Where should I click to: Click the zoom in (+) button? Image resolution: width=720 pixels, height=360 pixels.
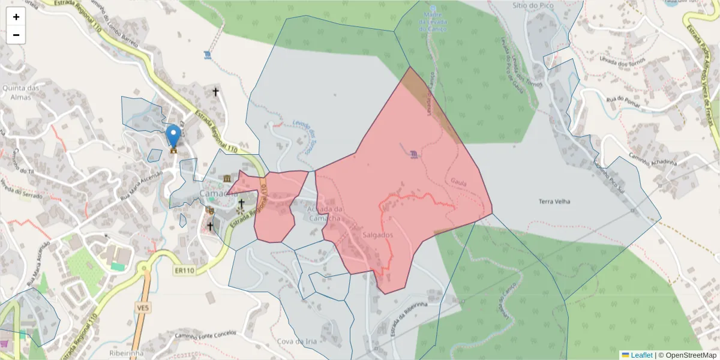point(16,17)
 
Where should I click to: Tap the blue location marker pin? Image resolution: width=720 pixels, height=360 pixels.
point(173,136)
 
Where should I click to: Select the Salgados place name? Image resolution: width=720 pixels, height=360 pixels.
point(378,235)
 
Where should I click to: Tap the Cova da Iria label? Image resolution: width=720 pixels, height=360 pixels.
point(296,341)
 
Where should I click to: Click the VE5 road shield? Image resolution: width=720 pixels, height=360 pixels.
point(142,308)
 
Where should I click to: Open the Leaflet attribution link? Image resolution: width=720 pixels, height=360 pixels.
point(641,355)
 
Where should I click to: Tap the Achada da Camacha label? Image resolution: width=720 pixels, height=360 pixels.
point(325,213)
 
